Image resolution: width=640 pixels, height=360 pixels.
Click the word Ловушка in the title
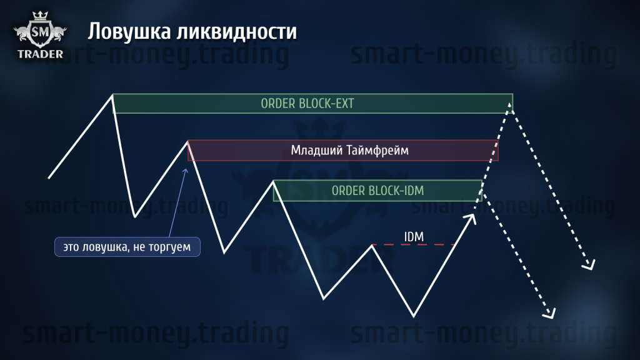coord(129,32)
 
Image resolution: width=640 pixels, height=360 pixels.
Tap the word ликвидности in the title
coord(237,32)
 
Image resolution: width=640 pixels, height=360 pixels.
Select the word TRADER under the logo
coord(41,54)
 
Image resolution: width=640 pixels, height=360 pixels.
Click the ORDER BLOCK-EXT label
coord(307,104)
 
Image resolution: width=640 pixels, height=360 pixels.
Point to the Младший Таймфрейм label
coord(350,150)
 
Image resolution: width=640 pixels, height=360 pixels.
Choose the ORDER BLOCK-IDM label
coord(377,191)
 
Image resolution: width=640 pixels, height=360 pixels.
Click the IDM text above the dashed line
coord(414,237)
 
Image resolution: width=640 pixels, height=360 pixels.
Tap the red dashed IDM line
coord(414,244)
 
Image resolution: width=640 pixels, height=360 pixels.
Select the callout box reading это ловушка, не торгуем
coord(127,247)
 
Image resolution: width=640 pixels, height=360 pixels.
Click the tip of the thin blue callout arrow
coord(186,169)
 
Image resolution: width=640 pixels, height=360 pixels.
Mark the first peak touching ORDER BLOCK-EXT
coord(112,95)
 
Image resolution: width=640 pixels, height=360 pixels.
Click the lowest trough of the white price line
coord(414,316)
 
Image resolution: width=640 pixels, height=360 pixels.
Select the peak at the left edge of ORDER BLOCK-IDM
coord(274,182)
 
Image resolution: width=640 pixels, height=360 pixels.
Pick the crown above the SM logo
coord(40,16)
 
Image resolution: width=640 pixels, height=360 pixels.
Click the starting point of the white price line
coord(49,178)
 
